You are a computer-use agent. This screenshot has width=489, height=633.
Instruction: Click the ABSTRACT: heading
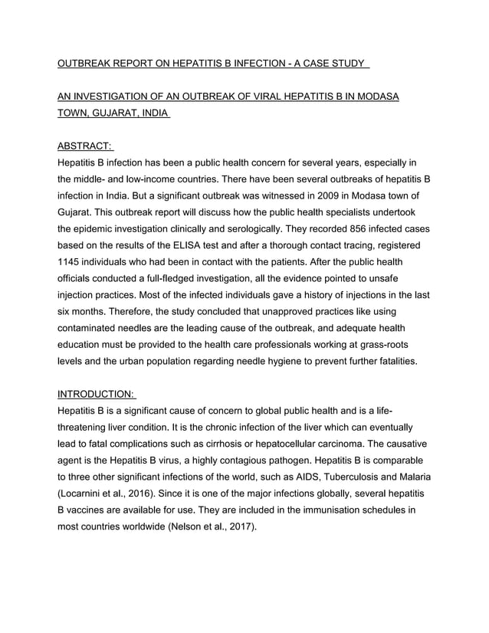pyautogui.click(x=85, y=146)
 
